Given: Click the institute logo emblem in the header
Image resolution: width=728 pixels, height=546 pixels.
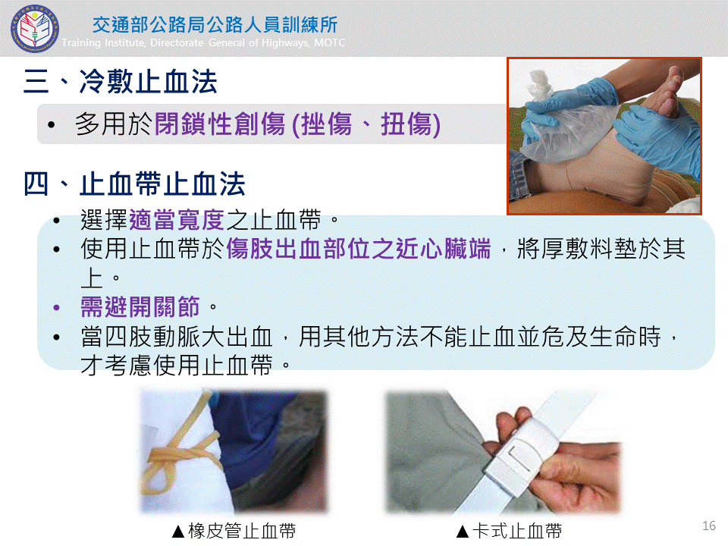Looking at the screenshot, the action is click(35, 29).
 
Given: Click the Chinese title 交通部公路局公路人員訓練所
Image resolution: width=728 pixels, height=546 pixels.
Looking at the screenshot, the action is click(215, 24).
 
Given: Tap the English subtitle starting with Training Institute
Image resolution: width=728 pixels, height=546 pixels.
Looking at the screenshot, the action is click(203, 42).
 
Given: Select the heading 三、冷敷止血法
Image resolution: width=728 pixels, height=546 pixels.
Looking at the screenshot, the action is click(121, 82).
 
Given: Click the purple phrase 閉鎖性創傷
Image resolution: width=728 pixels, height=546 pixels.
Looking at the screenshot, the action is click(220, 124).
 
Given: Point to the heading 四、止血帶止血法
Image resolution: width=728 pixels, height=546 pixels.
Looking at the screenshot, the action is click(135, 184).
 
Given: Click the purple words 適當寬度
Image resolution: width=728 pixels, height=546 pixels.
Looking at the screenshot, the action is click(177, 220).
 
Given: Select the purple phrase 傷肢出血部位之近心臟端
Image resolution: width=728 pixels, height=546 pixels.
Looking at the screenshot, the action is click(359, 249).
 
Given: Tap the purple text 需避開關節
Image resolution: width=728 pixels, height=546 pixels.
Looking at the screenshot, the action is click(140, 307).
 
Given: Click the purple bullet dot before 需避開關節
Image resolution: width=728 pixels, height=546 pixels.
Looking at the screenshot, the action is click(57, 307).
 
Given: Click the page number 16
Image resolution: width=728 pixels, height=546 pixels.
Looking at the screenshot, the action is click(709, 526).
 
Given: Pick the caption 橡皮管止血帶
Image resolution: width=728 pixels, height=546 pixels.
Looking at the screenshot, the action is click(242, 531).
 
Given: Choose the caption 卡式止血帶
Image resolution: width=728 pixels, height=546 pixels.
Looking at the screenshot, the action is click(517, 531).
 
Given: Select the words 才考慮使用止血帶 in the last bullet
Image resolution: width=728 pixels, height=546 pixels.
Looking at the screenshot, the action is click(177, 366).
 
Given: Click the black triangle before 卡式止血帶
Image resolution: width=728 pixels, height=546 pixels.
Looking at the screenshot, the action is click(463, 532).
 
